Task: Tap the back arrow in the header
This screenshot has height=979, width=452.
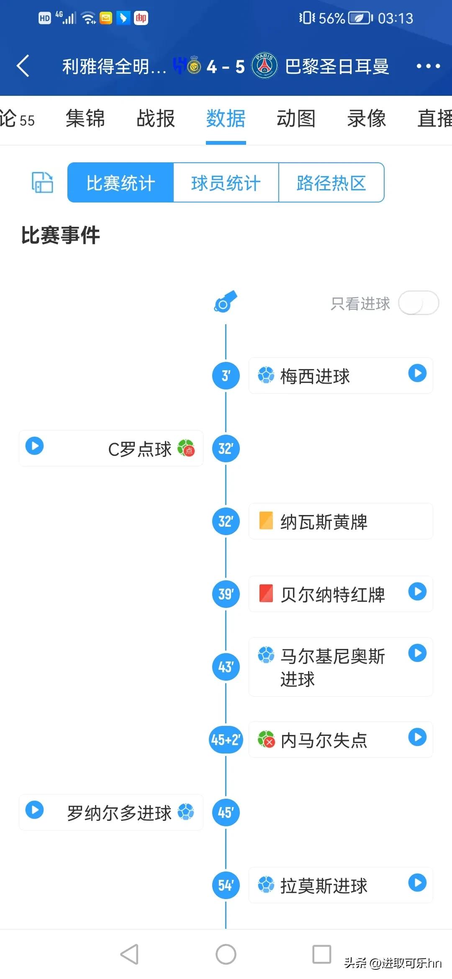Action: (23, 66)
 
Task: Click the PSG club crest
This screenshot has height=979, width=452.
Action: (265, 66)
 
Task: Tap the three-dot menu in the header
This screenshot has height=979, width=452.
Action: (428, 66)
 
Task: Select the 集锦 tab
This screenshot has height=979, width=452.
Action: (85, 118)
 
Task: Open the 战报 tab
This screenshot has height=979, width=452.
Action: (156, 118)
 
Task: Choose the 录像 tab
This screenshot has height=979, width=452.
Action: (366, 118)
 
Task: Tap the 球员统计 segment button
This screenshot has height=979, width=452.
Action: (226, 183)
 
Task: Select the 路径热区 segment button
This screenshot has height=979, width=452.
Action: (331, 183)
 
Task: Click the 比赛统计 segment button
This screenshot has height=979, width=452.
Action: (121, 183)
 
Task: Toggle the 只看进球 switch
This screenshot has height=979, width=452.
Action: (418, 303)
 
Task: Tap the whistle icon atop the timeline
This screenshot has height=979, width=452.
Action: (226, 302)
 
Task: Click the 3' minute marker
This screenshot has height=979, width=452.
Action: (226, 376)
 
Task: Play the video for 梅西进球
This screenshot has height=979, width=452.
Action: (417, 373)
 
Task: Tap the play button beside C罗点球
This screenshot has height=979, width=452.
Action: (35, 446)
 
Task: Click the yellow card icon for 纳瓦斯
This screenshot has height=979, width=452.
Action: (266, 521)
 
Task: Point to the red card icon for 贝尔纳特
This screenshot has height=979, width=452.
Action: (266, 594)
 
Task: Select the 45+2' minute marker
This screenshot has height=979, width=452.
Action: (226, 740)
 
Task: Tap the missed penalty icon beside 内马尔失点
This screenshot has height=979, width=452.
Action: (266, 739)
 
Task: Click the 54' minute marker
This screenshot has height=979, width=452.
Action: (226, 885)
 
